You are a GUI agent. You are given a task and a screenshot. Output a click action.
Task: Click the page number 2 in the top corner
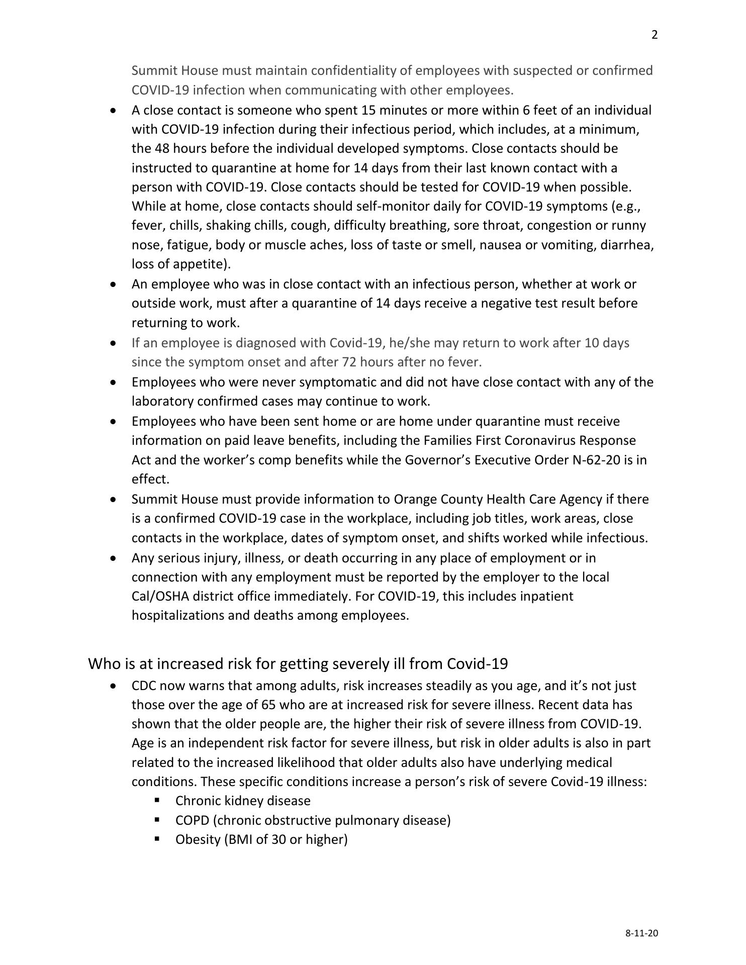click(655, 35)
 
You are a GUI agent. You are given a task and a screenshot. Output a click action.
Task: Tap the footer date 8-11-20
click(641, 933)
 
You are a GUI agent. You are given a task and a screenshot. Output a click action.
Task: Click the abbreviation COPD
click(192, 820)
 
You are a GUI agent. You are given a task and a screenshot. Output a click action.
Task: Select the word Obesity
click(198, 839)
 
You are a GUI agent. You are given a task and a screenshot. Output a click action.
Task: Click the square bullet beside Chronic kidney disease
click(157, 800)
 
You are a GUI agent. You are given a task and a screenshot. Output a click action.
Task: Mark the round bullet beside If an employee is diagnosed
click(115, 343)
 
